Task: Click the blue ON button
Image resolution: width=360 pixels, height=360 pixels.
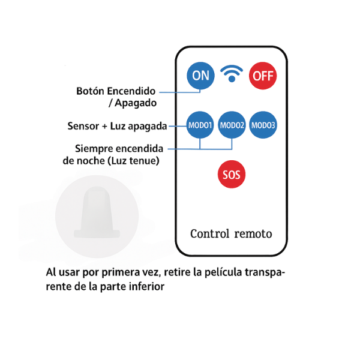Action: click(201, 76)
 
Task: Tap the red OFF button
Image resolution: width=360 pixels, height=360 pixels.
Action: click(263, 76)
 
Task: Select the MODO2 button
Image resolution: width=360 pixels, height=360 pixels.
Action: click(232, 125)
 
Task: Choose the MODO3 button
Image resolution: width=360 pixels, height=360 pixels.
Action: click(263, 125)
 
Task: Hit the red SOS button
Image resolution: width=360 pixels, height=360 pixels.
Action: click(231, 175)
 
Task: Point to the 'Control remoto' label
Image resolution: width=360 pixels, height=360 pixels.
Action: click(231, 233)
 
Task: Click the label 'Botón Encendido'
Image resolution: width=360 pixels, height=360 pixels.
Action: click(116, 92)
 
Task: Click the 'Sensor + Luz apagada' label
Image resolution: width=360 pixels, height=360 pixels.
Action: click(118, 127)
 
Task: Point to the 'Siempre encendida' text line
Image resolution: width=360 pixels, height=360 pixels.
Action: click(121, 148)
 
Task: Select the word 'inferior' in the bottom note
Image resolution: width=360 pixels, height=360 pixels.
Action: click(146, 286)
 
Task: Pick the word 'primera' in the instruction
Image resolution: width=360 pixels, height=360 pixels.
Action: click(116, 273)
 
